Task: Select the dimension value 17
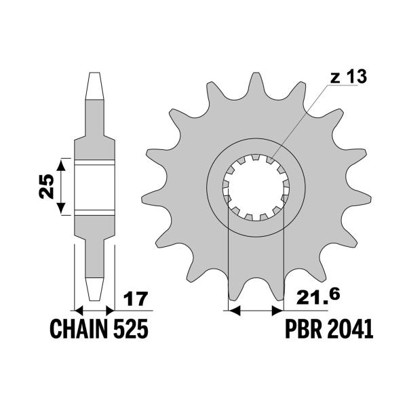tap(136, 299)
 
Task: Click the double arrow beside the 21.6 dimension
tap(256, 311)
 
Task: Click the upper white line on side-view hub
tap(94, 162)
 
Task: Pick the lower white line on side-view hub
tap(94, 213)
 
